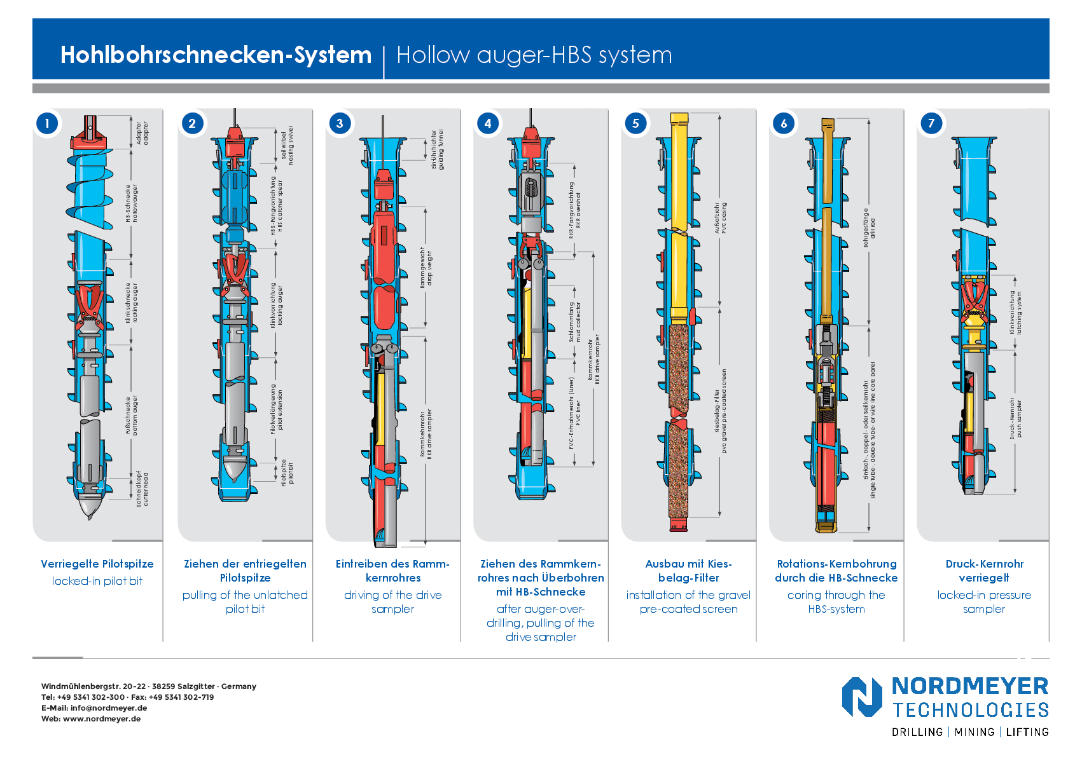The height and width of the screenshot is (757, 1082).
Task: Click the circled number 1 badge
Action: pos(47,123)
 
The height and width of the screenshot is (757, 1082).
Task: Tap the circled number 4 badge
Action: pos(488,123)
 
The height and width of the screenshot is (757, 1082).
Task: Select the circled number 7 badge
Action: pos(931,123)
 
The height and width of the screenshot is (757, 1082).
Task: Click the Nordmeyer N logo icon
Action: pos(862,697)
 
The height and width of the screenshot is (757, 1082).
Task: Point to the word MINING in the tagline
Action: pos(974,732)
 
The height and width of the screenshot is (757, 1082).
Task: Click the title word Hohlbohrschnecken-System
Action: pos(216,55)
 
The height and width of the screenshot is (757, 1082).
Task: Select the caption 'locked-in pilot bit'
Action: pos(97,581)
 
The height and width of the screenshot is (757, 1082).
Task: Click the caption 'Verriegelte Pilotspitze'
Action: pos(97,564)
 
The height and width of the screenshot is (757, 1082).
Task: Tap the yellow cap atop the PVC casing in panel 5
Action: pos(679,119)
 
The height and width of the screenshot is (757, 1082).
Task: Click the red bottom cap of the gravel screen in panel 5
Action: pos(679,524)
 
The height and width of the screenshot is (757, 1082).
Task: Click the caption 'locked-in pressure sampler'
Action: pos(984,602)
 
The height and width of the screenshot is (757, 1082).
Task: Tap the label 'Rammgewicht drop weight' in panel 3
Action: pos(426,268)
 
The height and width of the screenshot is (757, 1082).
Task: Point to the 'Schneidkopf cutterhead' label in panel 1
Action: pos(142,489)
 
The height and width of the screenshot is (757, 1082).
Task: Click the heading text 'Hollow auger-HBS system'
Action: pos(534,55)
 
